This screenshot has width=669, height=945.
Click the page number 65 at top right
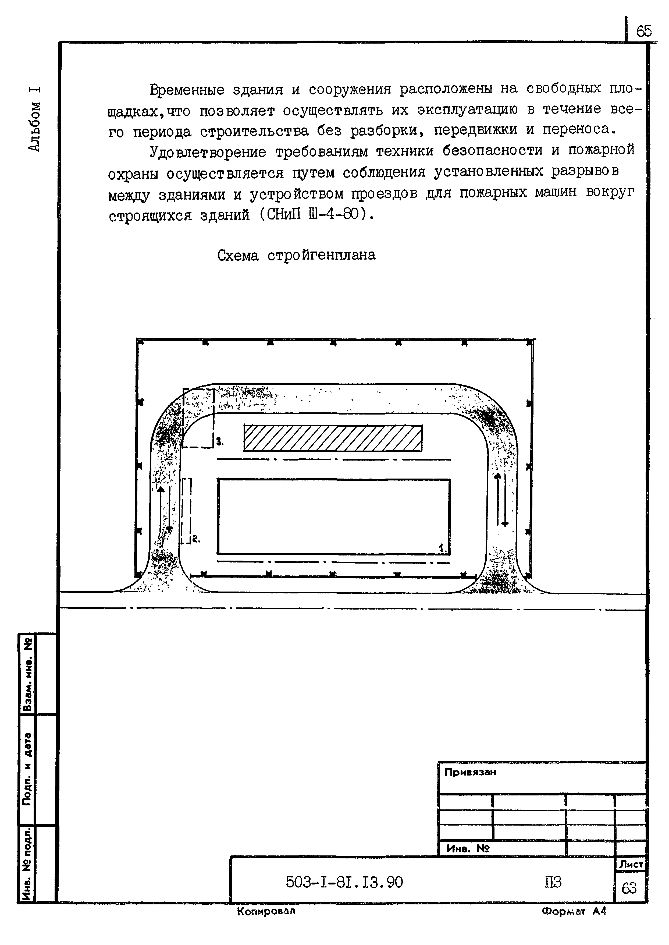(x=644, y=31)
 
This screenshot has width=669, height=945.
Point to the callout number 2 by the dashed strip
(x=196, y=539)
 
